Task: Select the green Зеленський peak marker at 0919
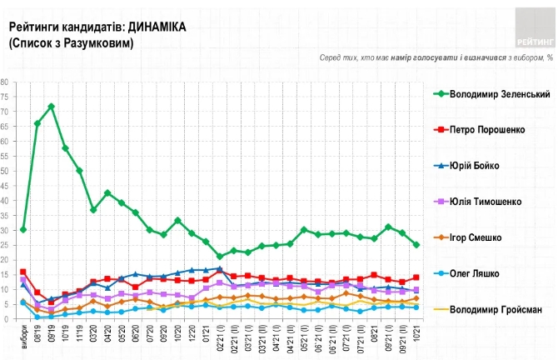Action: coord(52,107)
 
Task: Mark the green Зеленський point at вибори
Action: coord(23,229)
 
